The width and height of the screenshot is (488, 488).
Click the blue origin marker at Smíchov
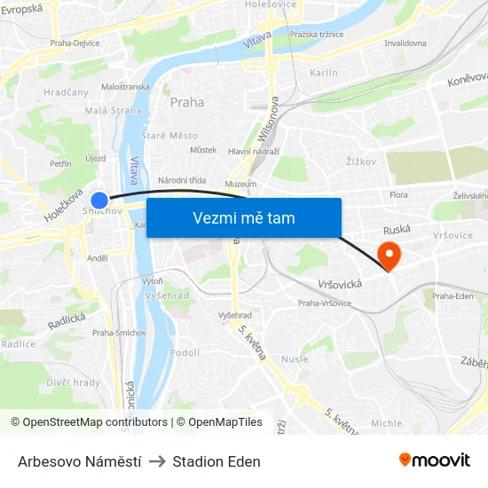pos(99,201)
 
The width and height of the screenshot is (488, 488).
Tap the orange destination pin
pos(389,255)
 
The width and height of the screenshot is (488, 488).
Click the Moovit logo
pos(435,460)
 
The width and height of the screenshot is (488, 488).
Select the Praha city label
pos(187,102)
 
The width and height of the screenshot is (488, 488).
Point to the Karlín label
pos(324,73)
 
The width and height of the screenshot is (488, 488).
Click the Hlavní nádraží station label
pos(254,152)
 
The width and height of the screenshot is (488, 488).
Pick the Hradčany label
pos(67,92)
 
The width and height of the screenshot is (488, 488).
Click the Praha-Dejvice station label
pos(75,42)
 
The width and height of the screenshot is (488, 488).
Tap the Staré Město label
pos(169,136)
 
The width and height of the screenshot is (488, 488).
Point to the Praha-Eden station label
pos(453,296)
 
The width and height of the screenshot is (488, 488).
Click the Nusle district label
pos(295,359)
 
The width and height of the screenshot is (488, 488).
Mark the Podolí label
pos(185,352)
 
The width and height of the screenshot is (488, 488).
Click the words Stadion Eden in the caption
pos(216,461)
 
